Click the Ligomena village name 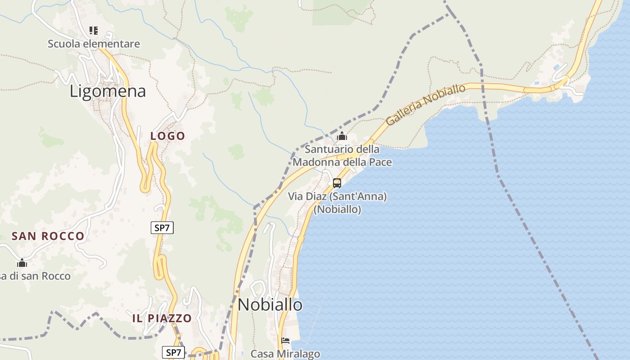tap(108, 91)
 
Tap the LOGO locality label tap(168, 136)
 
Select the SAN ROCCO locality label tap(48, 236)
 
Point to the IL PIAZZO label tap(162, 318)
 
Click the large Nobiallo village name tap(270, 305)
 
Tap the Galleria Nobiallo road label tap(426, 105)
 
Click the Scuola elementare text tap(94, 44)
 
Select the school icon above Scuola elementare tap(94, 31)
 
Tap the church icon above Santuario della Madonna tap(342, 135)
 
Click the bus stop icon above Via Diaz tap(337, 183)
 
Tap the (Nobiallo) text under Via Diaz tap(337, 209)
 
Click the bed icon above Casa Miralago tap(285, 340)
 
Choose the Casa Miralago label tap(285, 354)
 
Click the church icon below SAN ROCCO tap(22, 263)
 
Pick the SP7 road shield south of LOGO tap(162, 228)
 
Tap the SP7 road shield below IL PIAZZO tap(173, 352)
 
